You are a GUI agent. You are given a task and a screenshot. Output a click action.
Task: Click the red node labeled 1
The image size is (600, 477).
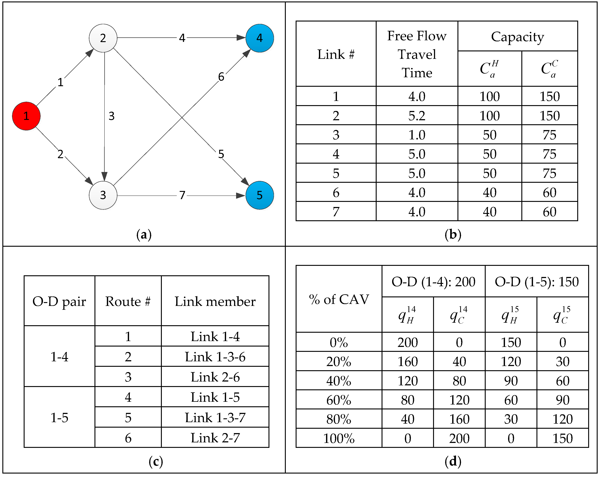pyautogui.click(x=26, y=116)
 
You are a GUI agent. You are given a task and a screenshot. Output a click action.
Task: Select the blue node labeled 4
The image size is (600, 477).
pyautogui.click(x=259, y=38)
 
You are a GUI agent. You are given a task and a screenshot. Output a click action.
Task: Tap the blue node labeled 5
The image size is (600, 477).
pyautogui.click(x=259, y=195)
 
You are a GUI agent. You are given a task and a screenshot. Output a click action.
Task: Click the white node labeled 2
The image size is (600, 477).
pyautogui.click(x=103, y=38)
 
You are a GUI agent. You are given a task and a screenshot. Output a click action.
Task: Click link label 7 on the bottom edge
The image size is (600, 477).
pyautogui.click(x=182, y=195)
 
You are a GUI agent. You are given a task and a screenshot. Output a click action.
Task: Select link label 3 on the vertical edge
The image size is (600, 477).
pyautogui.click(x=111, y=116)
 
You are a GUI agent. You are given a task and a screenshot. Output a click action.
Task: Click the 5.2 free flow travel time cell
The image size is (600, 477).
pyautogui.click(x=417, y=116)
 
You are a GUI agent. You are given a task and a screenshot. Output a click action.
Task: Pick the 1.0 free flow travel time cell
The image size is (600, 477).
pyautogui.click(x=417, y=135)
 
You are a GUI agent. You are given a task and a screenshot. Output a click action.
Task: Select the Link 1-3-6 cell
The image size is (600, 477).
pyautogui.click(x=215, y=357)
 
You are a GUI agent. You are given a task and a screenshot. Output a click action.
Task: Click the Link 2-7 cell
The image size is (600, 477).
pyautogui.click(x=215, y=438)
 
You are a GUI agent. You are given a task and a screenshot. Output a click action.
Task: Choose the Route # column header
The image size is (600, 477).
pyautogui.click(x=128, y=301)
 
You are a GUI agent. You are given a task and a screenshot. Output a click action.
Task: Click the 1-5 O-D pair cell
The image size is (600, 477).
pyautogui.click(x=59, y=417)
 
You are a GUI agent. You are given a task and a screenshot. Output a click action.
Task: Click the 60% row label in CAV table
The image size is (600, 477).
pyautogui.click(x=338, y=400)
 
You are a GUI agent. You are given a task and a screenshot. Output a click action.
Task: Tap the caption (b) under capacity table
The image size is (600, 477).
pyautogui.click(x=453, y=234)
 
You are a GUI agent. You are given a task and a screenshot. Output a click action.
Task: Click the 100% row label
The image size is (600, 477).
pyautogui.click(x=338, y=438)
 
